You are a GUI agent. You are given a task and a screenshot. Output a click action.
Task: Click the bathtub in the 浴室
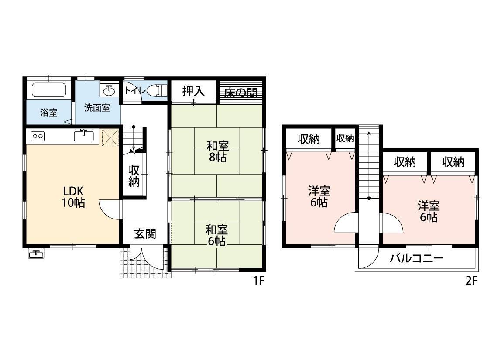click(x=49, y=89)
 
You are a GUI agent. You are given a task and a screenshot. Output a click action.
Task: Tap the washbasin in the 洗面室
click(x=109, y=90)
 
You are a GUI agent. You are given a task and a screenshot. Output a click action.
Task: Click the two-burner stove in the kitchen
click(x=38, y=137)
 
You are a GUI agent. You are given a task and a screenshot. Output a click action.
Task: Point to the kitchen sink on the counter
click(x=84, y=135)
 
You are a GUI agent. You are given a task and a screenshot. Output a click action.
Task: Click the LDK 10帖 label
click(x=73, y=197)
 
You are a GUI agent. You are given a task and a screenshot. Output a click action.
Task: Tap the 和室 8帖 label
click(x=217, y=151)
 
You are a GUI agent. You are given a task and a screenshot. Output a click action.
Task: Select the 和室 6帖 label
click(x=216, y=235)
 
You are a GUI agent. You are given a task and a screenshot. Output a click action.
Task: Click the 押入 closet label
click(x=193, y=91)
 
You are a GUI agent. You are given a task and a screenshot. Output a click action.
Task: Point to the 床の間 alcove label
click(x=240, y=93)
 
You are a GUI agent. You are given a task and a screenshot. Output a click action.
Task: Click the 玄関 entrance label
click(x=145, y=234)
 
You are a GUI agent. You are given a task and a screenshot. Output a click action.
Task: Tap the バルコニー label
click(x=417, y=258)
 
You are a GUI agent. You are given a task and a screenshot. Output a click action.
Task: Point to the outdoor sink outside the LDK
click(x=36, y=254)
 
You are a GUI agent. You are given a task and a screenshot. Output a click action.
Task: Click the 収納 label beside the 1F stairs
click(x=134, y=176)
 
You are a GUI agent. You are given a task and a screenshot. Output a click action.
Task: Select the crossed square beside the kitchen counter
click(x=110, y=137)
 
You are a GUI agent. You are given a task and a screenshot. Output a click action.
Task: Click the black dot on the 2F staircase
click(x=369, y=198)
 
